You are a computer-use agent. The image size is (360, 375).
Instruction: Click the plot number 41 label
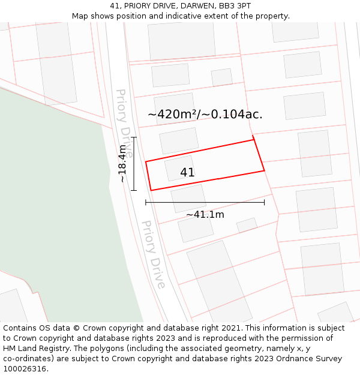click(187, 173)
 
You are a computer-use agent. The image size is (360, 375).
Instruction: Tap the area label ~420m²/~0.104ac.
click(205, 114)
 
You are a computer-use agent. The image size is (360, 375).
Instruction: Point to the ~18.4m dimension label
click(122, 163)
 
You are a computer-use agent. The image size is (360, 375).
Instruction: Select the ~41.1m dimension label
click(205, 214)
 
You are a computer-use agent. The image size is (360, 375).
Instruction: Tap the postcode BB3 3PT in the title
click(235, 5)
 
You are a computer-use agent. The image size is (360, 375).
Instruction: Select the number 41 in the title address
click(115, 5)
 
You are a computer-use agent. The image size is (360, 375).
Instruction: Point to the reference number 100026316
click(25, 368)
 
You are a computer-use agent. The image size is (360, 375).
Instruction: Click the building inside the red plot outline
click(179, 169)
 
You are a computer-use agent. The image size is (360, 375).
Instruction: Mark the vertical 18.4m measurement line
click(134, 163)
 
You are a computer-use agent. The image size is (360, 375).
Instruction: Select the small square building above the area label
click(222, 77)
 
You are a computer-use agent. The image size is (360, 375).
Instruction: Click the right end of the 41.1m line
click(264, 202)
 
